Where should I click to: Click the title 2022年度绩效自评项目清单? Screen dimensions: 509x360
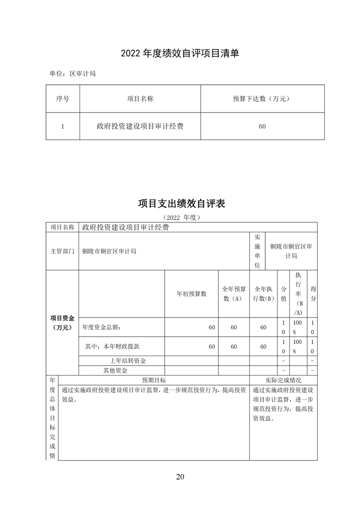click(180, 54)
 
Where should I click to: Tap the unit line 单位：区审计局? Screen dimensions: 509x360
click(73, 73)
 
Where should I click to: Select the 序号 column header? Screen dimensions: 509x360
click(63, 98)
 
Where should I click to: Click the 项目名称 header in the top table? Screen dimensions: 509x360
click(140, 98)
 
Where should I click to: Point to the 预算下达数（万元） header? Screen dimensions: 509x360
click(262, 98)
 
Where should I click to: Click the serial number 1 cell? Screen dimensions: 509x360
click(63, 127)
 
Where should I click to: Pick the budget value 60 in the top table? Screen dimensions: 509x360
click(262, 127)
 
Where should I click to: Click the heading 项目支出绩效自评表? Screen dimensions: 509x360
click(182, 204)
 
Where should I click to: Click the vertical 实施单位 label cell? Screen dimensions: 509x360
click(257, 251)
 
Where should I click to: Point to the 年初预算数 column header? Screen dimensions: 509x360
click(191, 294)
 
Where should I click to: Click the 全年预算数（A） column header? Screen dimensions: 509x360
click(234, 294)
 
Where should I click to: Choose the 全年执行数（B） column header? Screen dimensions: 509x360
click(263, 294)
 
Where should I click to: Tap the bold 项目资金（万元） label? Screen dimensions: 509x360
click(63, 323)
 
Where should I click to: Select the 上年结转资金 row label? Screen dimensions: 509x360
click(131, 361)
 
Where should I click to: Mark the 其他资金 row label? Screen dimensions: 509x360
click(115, 370)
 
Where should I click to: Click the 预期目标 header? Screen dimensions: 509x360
click(154, 380)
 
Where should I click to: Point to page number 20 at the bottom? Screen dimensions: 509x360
click(180, 476)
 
